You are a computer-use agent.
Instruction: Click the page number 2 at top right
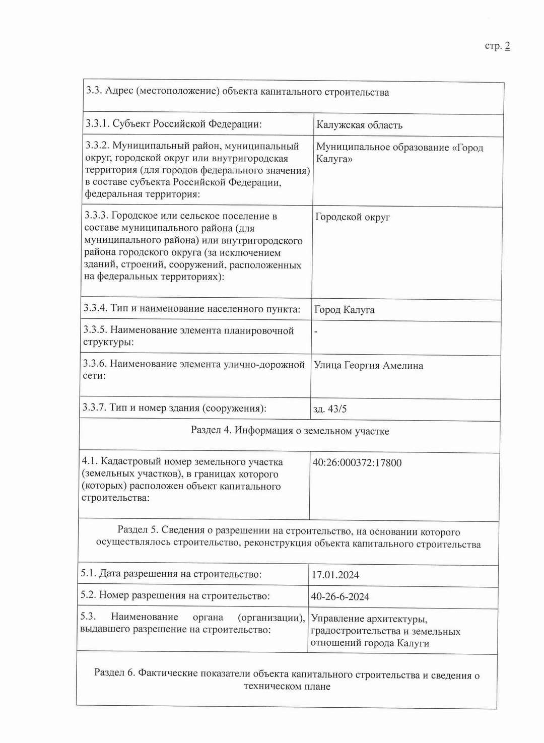coord(507,46)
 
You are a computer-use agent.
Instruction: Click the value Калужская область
coord(359,125)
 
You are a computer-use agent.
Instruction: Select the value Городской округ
coord(352,217)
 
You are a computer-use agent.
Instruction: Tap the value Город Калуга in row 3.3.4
coord(344,310)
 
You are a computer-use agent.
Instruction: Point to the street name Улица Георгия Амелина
coord(368,366)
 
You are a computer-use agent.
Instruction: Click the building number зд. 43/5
coord(330,409)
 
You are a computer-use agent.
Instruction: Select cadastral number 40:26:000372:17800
coord(357,463)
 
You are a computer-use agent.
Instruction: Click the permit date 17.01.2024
coord(335,575)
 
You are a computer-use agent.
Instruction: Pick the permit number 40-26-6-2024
coord(340,597)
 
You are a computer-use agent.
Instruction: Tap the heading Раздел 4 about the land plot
coord(290,431)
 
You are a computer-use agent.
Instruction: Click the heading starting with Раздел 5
coord(288,537)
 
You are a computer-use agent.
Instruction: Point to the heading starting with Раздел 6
coord(287,680)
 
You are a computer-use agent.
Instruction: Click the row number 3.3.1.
coord(97,124)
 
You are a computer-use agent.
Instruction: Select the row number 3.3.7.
coord(94,408)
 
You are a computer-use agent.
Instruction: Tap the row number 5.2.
coord(88,595)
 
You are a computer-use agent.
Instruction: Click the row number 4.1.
coord(89,461)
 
